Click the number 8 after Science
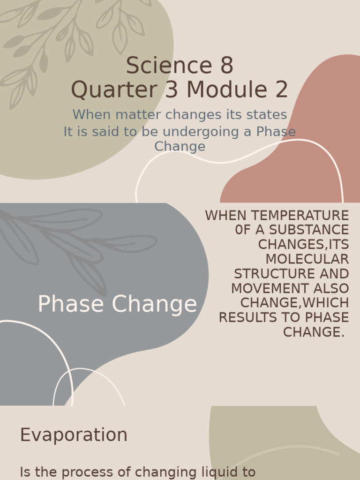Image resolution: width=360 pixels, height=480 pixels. click(226, 66)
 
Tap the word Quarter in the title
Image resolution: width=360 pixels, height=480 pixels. click(114, 90)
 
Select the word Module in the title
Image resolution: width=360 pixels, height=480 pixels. click(226, 90)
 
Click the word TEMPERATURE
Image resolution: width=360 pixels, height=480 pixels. click(300, 216)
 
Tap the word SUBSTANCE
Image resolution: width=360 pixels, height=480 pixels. click(309, 230)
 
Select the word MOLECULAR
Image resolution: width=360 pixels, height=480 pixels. click(307, 259)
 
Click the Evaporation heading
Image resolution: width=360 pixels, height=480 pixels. click(74, 435)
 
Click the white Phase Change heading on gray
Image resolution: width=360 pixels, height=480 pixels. click(117, 304)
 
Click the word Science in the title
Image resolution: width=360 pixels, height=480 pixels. click(169, 66)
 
